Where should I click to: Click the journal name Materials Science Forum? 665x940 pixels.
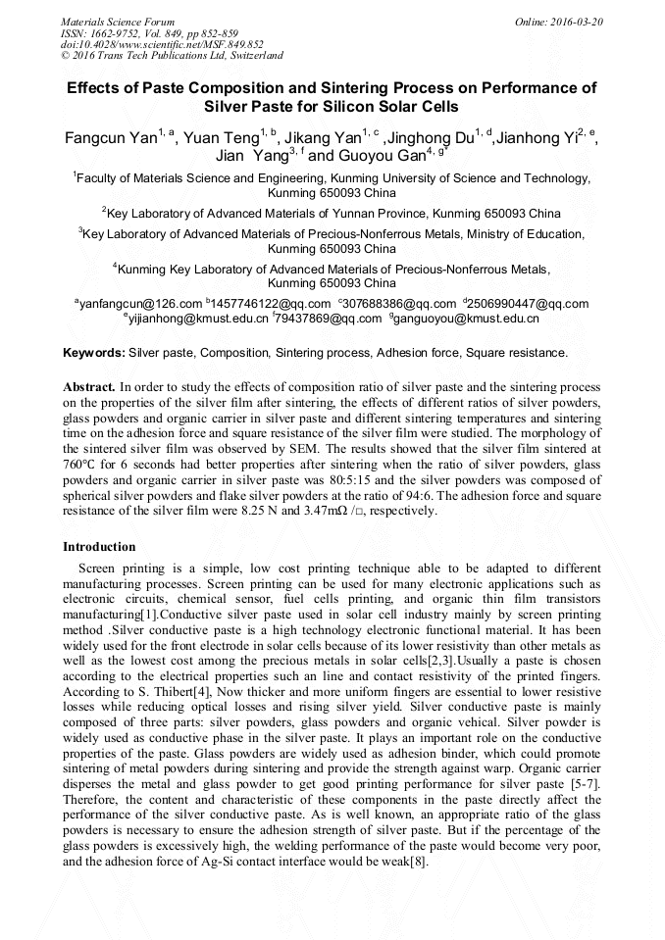click(118, 21)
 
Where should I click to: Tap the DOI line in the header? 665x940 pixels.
click(162, 44)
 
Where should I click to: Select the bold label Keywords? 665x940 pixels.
click(93, 352)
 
